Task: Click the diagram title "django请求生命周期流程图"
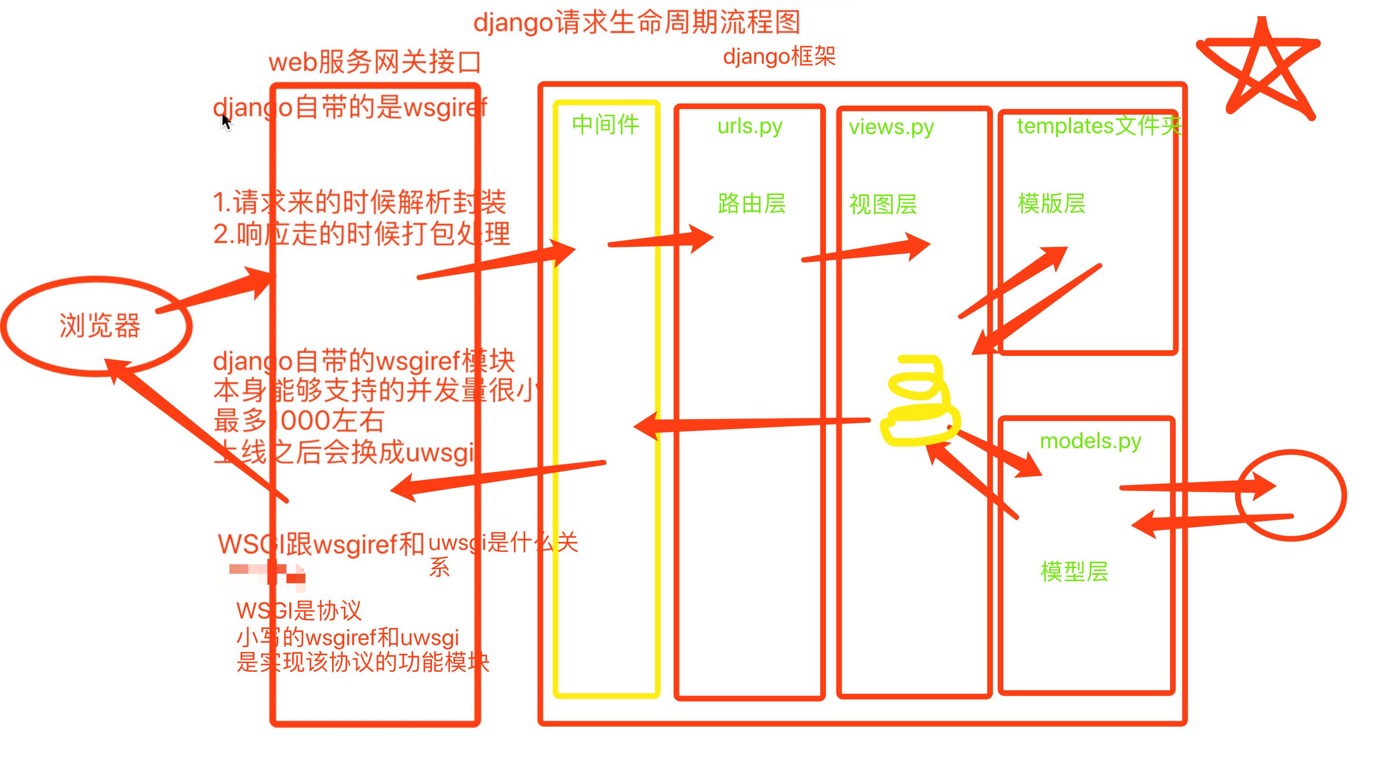[636, 22]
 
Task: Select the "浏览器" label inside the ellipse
[99, 325]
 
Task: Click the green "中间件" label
[605, 125]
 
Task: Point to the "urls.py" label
[749, 127]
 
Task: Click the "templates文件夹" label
[1098, 127]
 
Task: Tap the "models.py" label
[1090, 441]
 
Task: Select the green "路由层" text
[752, 204]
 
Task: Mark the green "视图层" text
[883, 205]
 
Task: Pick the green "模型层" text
[1074, 571]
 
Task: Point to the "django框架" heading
[779, 57]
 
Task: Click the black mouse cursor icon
[226, 122]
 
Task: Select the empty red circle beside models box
[1291, 495]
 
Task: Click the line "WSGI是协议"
[299, 611]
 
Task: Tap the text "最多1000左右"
[299, 421]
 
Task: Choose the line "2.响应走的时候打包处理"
[362, 234]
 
